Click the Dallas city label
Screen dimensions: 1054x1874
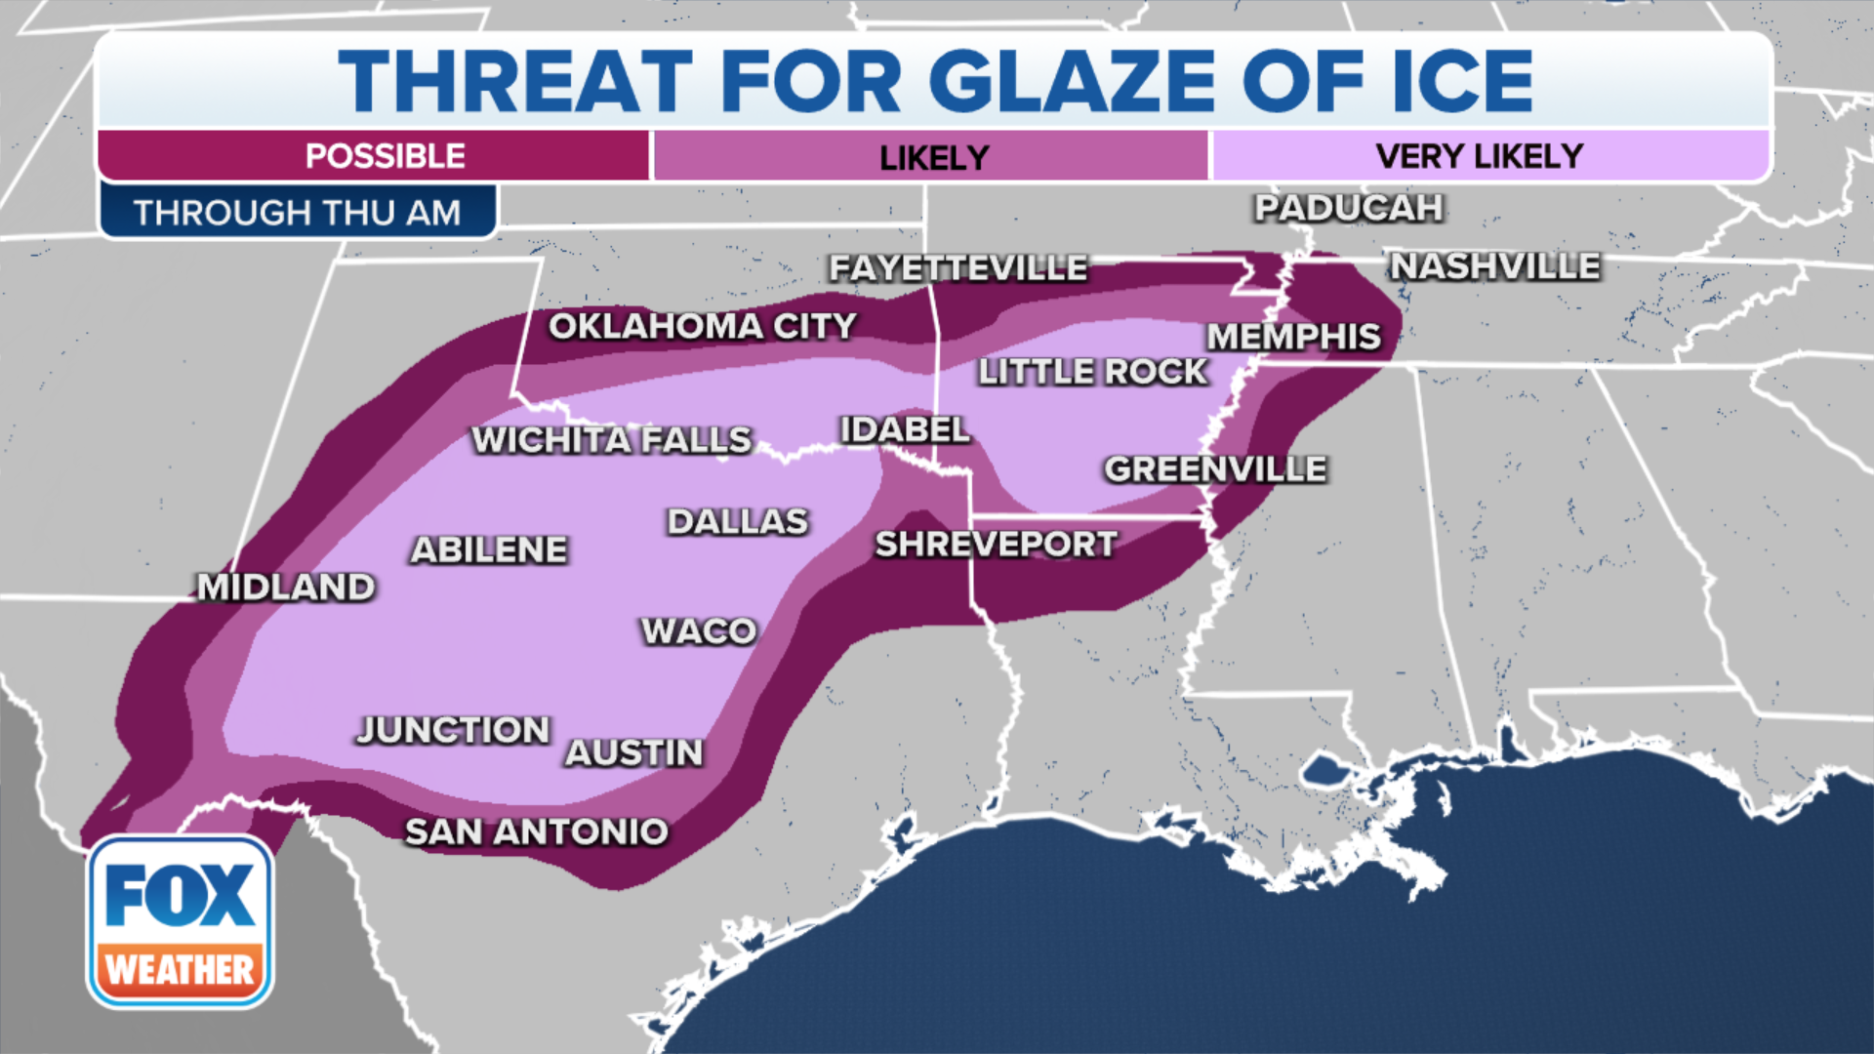[x=738, y=522]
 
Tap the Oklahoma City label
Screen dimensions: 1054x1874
[x=703, y=326]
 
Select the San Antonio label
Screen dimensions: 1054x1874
[x=537, y=831]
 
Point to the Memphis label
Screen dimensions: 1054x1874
[x=1294, y=337]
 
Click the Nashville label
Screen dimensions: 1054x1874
[x=1495, y=265]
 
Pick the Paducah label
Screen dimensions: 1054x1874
[x=1349, y=208]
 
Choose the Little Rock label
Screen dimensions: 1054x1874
[x=1093, y=372]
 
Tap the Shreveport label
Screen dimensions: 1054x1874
[x=996, y=545]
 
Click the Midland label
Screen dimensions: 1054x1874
[x=286, y=588]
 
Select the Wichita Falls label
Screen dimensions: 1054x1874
[x=612, y=440]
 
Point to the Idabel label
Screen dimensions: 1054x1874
[x=905, y=429]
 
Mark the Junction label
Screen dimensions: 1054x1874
[x=454, y=730]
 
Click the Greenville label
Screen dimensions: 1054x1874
[x=1215, y=469]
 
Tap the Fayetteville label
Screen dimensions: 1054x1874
[x=958, y=268]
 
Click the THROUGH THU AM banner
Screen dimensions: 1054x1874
[x=298, y=212]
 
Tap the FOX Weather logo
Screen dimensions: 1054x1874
[x=181, y=921]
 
